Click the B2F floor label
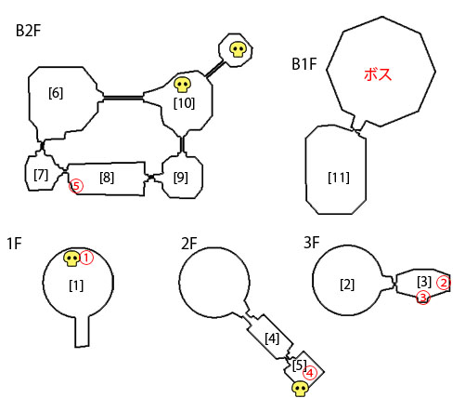pos(28,31)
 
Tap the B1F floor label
pos(304,64)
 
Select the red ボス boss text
pos(378,74)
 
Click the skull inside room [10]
pos(182,85)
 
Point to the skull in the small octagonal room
pos(238,50)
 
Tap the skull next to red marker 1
pos(72,259)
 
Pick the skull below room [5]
pos(301,389)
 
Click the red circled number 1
pos(86,258)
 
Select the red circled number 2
pos(444,283)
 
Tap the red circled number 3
pos(423,298)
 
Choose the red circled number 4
pos(310,373)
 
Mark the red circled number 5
pos(76,186)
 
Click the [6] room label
pos(56,93)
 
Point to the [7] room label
pos(41,176)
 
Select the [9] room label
pos(181,178)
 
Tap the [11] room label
pos(339,178)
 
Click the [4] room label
pos(272,338)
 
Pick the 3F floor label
pos(312,243)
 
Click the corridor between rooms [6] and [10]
pos(123,99)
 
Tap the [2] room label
pos(347,285)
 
